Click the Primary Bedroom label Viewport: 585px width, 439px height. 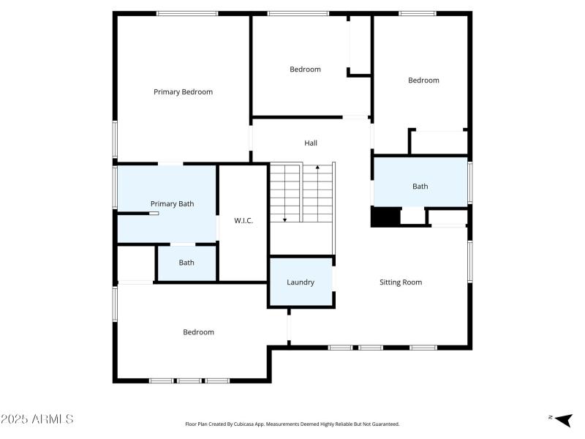[x=183, y=92]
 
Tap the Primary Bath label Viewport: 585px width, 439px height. [x=172, y=203]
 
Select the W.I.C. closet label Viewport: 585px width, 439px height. [x=244, y=221]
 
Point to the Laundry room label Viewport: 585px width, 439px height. [x=301, y=282]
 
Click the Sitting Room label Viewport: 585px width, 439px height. [x=401, y=282]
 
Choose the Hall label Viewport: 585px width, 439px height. [x=311, y=143]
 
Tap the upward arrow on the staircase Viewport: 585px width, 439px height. [x=317, y=170]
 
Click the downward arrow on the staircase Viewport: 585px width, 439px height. [x=285, y=217]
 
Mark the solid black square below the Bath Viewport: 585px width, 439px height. [x=385, y=217]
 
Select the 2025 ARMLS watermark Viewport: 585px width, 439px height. [x=37, y=419]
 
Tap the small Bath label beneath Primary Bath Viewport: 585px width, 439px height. [x=186, y=263]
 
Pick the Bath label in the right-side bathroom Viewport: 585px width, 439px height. [x=420, y=187]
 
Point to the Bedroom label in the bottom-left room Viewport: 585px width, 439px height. [x=198, y=332]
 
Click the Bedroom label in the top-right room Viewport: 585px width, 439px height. [x=423, y=80]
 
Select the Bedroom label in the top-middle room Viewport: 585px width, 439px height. [x=305, y=70]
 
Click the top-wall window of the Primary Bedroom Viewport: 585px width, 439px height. [x=187, y=13]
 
